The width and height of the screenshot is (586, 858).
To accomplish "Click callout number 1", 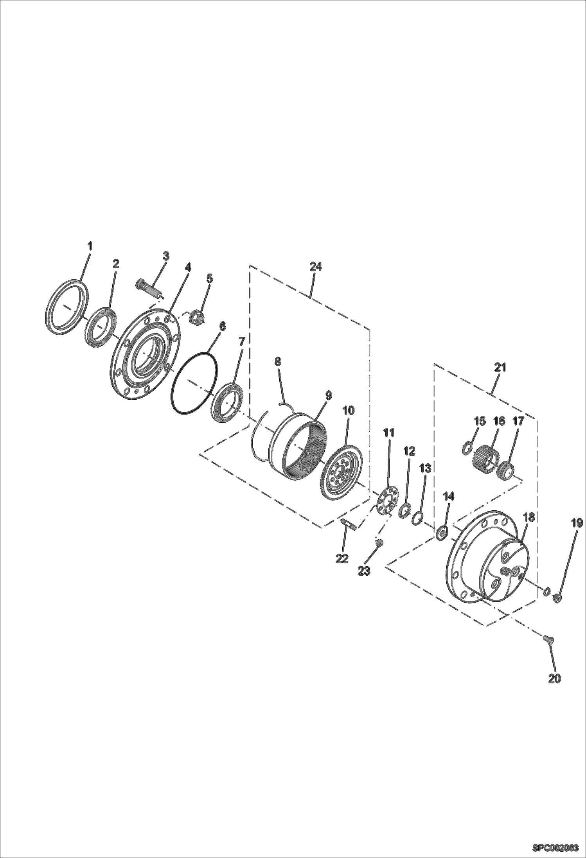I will point(90,246).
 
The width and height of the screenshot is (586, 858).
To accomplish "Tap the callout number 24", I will point(315,267).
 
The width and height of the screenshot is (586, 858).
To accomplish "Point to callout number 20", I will point(554,679).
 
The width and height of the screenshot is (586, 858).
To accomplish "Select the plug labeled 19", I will point(558,608).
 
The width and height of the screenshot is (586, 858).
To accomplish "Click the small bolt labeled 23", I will point(378,542).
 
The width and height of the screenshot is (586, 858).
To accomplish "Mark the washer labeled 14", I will point(442,533).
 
